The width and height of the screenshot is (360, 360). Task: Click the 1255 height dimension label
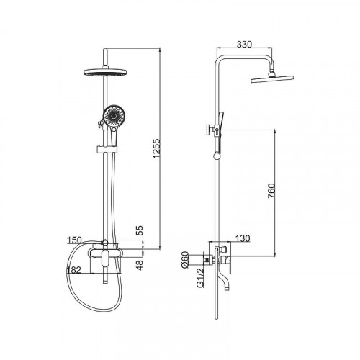(156, 148)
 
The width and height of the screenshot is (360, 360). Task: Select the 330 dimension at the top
(244, 45)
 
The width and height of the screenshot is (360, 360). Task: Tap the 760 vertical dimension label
(271, 191)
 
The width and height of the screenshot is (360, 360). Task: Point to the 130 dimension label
(243, 238)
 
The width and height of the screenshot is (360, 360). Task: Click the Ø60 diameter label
(186, 260)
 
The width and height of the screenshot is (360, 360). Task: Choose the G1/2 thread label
(200, 278)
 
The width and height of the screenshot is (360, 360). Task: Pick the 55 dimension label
(140, 230)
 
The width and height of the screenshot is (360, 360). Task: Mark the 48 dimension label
(140, 265)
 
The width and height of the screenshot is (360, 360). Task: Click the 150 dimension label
(74, 240)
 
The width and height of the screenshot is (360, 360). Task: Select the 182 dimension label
(74, 270)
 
